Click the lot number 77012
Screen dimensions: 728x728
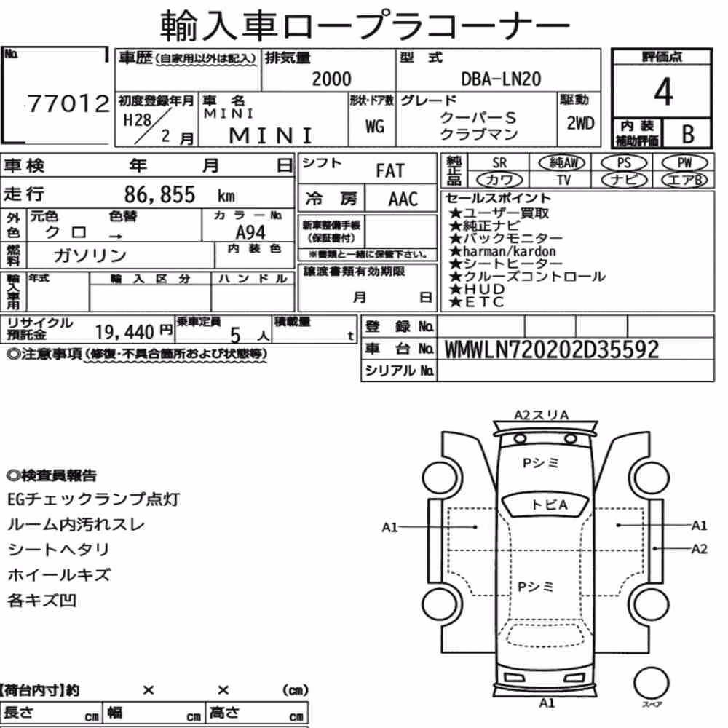[x=68, y=103]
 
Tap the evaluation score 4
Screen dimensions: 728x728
[x=663, y=92]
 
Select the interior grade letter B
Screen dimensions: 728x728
[x=688, y=134]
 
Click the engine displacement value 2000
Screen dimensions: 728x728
[x=331, y=79]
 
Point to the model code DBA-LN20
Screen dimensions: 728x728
[x=501, y=79]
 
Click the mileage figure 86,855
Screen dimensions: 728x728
[x=159, y=194]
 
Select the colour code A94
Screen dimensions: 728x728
[x=250, y=232]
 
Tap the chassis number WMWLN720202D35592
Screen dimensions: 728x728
[x=552, y=349]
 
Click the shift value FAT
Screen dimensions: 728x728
[x=390, y=171]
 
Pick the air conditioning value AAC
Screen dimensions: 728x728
[x=403, y=199]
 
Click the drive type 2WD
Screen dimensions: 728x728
[x=580, y=123]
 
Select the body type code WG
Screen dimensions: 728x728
[x=375, y=126]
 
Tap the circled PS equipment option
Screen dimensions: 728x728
[x=624, y=163]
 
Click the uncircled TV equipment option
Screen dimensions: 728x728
[x=563, y=180]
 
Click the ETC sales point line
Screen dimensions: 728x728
[x=477, y=302]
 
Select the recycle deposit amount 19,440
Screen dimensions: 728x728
[x=124, y=332]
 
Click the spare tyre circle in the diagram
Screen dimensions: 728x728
[x=651, y=683]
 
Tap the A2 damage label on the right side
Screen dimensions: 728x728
[x=699, y=549]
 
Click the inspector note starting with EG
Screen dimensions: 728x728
[x=93, y=499]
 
